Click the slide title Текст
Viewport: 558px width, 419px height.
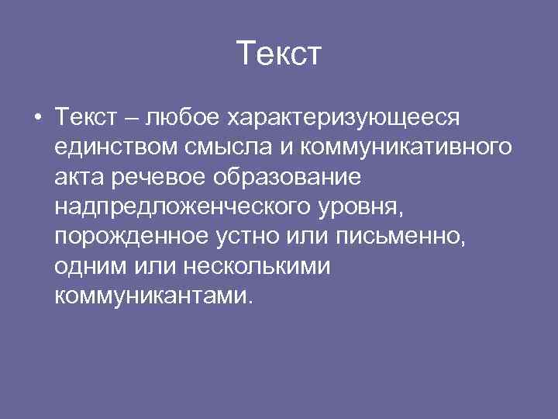pos(278,54)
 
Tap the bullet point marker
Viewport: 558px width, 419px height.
pos(37,118)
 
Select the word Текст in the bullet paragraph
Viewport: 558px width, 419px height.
pos(85,118)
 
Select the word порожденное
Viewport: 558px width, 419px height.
pos(129,237)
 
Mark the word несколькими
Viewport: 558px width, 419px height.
pos(257,266)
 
